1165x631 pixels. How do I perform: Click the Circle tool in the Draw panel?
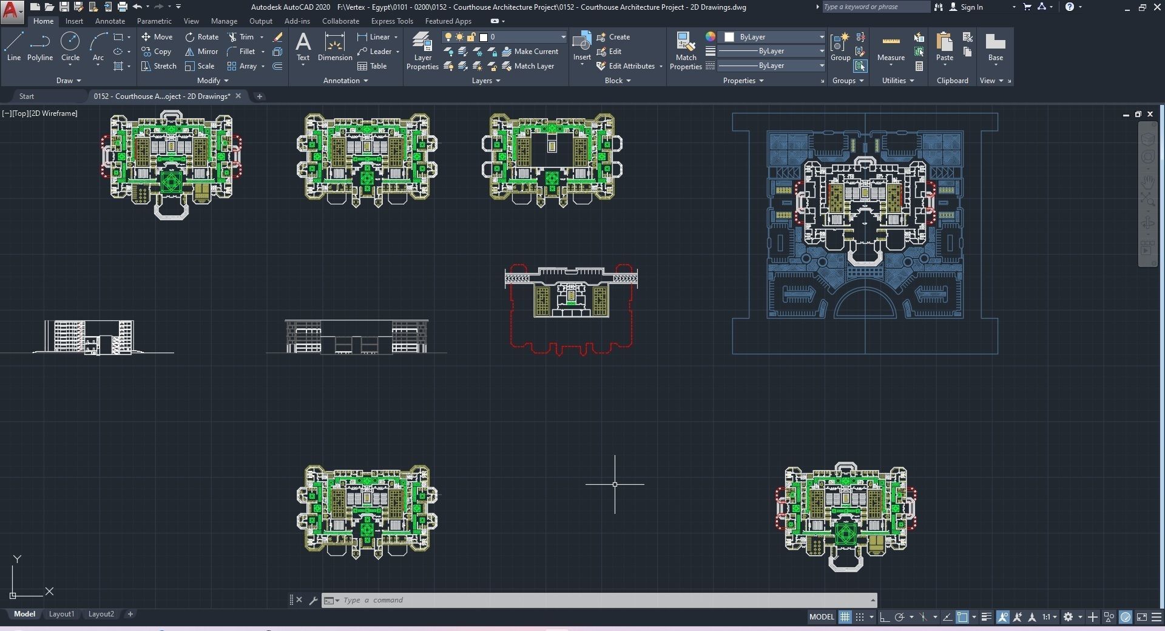click(70, 46)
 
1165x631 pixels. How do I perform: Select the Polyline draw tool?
click(40, 46)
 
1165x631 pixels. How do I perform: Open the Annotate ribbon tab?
click(110, 21)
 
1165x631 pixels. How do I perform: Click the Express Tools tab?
click(392, 21)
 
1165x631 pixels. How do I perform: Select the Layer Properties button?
click(422, 51)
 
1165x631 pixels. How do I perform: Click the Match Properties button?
click(686, 51)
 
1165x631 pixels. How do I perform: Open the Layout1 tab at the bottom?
click(61, 614)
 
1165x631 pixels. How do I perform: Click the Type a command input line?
click(601, 600)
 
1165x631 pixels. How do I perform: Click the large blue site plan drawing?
click(865, 234)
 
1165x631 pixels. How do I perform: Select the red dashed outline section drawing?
click(571, 309)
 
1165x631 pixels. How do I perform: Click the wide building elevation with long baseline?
click(356, 337)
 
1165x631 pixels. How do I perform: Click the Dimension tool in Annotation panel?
click(334, 47)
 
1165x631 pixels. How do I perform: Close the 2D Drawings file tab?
click(238, 96)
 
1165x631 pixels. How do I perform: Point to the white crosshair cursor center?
click(615, 484)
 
